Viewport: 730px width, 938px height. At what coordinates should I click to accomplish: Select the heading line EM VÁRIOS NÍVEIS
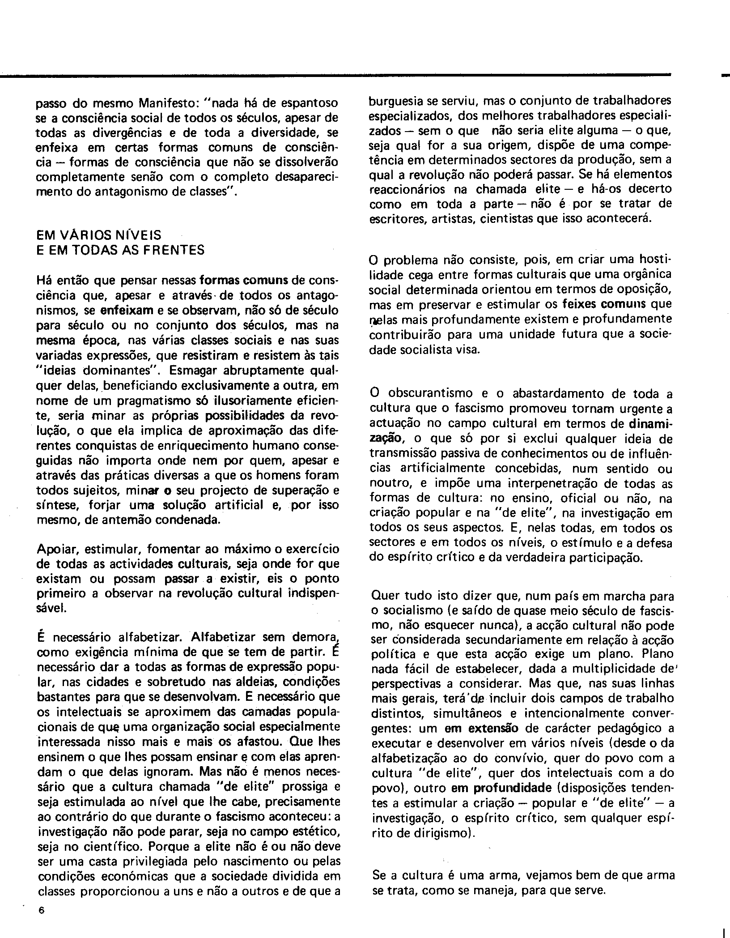click(x=99, y=234)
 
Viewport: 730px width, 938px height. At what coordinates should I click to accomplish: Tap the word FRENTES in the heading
click(x=178, y=250)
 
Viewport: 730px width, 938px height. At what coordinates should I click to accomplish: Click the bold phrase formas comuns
click(x=243, y=281)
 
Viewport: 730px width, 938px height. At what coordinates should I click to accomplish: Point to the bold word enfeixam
click(x=127, y=310)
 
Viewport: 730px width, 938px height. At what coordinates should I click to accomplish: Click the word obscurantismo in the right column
click(x=430, y=393)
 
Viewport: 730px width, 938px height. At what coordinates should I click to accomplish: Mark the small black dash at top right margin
click(x=725, y=77)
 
